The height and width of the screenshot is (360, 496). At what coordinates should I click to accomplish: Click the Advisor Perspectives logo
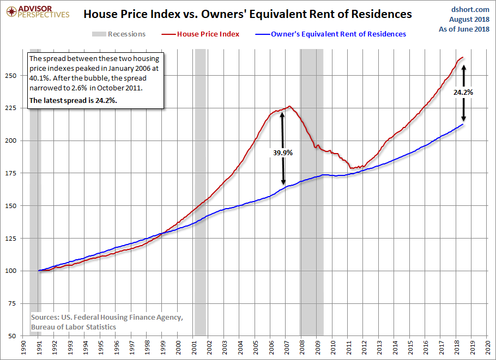pyautogui.click(x=38, y=12)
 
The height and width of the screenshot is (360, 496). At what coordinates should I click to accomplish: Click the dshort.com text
pyautogui.click(x=470, y=9)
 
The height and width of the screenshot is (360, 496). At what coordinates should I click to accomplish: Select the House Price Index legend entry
pyautogui.click(x=201, y=34)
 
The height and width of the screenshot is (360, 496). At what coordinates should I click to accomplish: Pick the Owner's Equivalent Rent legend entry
pyautogui.click(x=330, y=34)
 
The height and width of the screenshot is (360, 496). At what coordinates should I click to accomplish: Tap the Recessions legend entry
pyautogui.click(x=119, y=34)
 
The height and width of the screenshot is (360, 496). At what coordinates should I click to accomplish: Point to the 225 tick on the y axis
pyautogui.click(x=11, y=108)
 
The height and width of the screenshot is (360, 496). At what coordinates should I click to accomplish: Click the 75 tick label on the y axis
pyautogui.click(x=13, y=303)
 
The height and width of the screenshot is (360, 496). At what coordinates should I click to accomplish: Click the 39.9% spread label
pyautogui.click(x=283, y=153)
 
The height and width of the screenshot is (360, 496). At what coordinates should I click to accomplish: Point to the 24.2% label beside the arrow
pyautogui.click(x=463, y=92)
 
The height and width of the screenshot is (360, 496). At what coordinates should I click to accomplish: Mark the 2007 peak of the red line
pyautogui.click(x=289, y=106)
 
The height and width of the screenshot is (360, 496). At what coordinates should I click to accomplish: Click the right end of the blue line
pyautogui.click(x=463, y=124)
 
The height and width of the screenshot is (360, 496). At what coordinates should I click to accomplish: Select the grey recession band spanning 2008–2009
pyautogui.click(x=312, y=192)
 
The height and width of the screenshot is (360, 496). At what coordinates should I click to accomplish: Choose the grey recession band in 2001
pyautogui.click(x=200, y=192)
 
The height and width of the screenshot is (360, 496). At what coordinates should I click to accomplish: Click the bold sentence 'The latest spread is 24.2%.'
pyautogui.click(x=73, y=101)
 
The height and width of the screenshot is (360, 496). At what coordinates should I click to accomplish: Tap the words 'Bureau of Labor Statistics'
pyautogui.click(x=74, y=327)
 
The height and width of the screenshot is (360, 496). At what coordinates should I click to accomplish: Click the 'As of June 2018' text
pyautogui.click(x=464, y=29)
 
